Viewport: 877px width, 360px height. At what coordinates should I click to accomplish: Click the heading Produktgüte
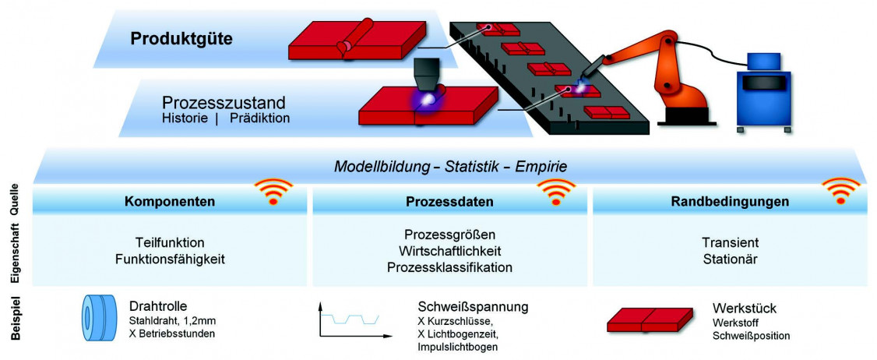click(x=181, y=38)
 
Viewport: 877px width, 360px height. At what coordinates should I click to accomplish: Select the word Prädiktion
click(x=259, y=119)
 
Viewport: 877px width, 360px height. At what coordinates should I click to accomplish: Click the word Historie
click(x=183, y=119)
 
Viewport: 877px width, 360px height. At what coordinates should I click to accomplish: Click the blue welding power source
click(x=763, y=90)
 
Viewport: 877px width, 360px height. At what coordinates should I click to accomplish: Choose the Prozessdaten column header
click(x=449, y=202)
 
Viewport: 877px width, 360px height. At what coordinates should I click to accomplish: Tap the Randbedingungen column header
click(x=730, y=202)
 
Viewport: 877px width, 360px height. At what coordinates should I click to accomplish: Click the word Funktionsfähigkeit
click(x=170, y=259)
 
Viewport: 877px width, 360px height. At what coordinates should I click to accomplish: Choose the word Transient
click(x=730, y=242)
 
